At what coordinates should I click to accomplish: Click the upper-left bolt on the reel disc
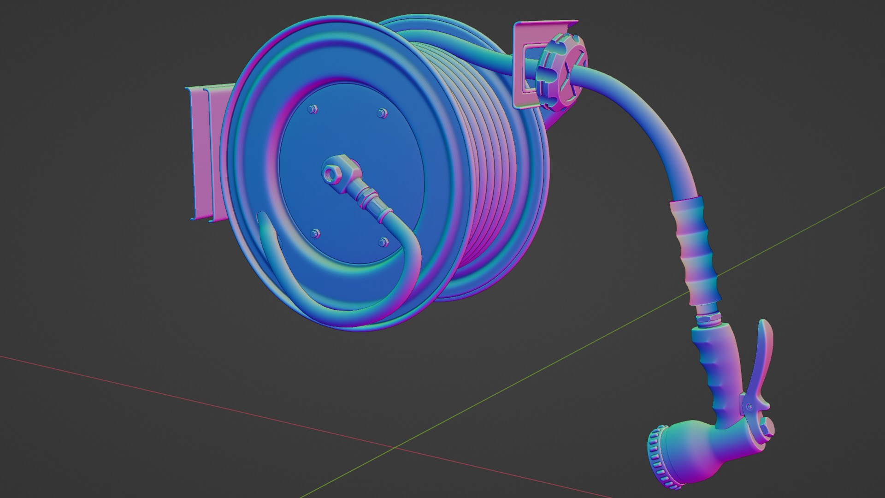coord(312,109)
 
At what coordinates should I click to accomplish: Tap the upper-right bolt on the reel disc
coord(382,113)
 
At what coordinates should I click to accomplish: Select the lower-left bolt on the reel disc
coord(315,234)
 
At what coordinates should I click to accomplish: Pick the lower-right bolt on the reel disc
coord(383,242)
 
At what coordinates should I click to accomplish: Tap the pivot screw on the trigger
coord(750,406)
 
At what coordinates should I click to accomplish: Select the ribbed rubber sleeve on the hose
coord(694,249)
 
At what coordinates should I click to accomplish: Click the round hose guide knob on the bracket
coord(560,76)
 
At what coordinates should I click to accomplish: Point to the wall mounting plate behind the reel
coord(203,152)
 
